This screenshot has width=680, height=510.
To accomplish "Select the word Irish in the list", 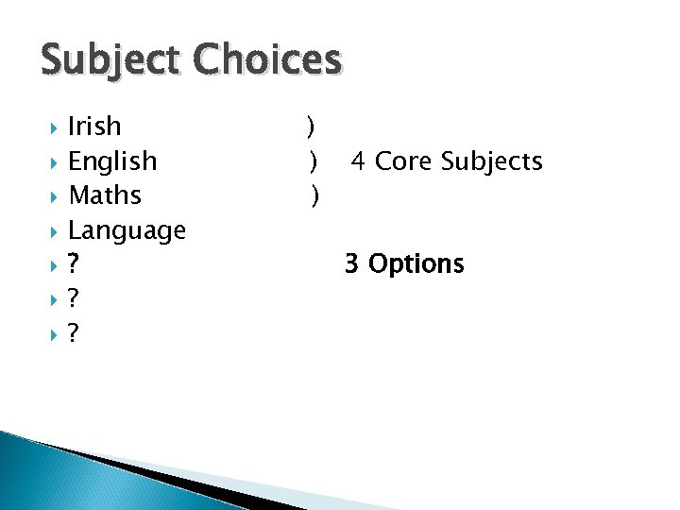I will (x=94, y=126).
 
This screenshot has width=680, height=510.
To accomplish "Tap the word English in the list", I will (x=112, y=161).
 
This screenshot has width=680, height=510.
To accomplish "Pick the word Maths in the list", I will (x=105, y=195).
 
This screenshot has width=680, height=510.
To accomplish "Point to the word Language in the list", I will (x=127, y=230).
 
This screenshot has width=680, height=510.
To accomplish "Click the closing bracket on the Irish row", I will (x=310, y=127).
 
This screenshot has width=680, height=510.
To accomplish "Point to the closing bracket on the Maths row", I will (x=314, y=196).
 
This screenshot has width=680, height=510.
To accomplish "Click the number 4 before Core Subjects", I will (x=359, y=161).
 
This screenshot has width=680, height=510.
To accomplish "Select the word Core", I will (x=403, y=161).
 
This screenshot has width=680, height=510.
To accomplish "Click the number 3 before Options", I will (x=351, y=263).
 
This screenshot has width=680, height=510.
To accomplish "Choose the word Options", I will (x=416, y=264).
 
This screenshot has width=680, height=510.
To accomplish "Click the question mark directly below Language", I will (x=74, y=264).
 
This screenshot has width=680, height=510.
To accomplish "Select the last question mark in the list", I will (x=74, y=333).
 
